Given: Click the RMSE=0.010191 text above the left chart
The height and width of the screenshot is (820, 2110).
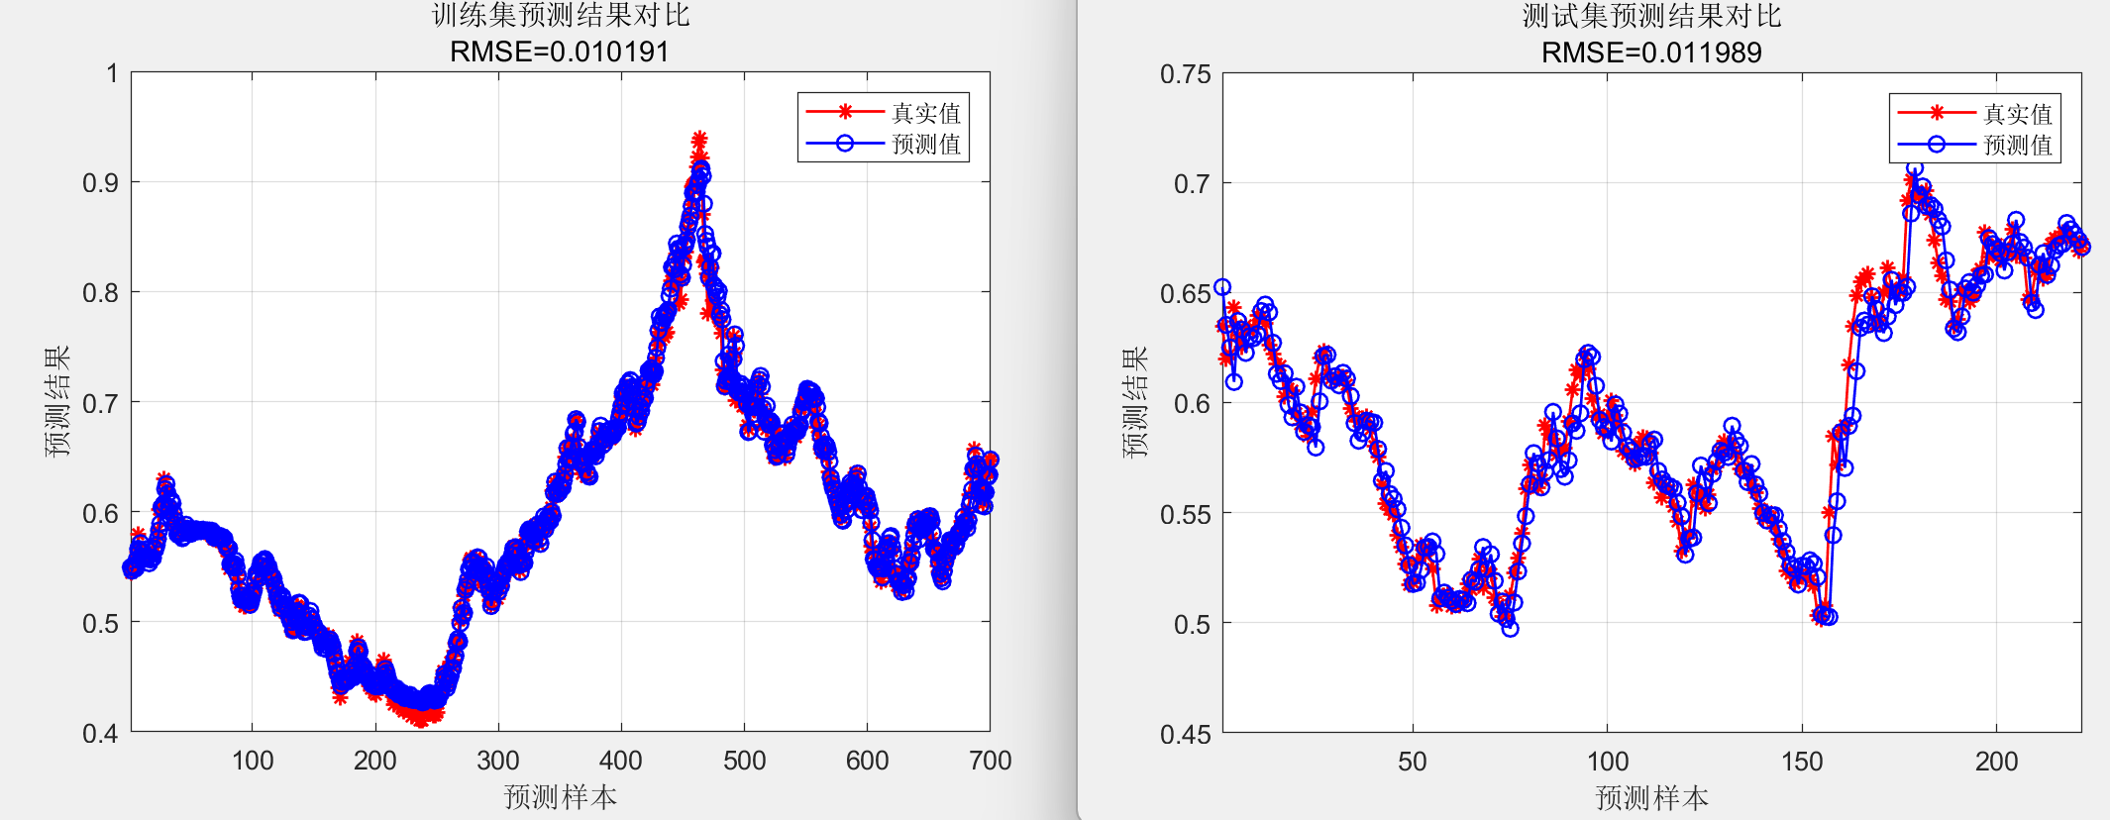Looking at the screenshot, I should [x=560, y=51].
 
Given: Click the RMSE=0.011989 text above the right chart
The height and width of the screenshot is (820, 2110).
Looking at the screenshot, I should [x=1651, y=52].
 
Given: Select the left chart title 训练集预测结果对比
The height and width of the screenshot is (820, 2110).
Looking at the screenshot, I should [x=560, y=16].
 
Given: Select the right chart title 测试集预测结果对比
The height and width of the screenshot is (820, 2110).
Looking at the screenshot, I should [x=1651, y=16].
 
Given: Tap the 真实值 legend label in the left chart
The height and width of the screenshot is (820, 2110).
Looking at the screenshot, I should [x=926, y=113].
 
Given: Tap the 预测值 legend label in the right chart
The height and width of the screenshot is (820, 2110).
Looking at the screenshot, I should [x=2018, y=146].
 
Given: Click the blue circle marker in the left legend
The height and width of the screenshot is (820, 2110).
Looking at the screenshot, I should [x=845, y=144].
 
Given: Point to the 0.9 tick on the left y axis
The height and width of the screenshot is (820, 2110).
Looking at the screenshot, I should [x=100, y=183].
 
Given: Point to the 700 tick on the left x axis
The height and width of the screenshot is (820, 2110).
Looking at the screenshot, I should [x=990, y=761].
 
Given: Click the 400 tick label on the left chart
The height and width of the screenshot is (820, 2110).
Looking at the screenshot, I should [x=621, y=761].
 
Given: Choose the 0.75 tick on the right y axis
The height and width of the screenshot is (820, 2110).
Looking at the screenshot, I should [x=1185, y=74].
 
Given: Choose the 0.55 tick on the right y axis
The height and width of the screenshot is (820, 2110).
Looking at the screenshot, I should [x=1185, y=514].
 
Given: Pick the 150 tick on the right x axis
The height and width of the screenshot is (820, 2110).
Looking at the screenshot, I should [x=1802, y=762].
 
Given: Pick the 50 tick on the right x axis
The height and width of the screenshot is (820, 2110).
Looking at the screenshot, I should [x=1413, y=762].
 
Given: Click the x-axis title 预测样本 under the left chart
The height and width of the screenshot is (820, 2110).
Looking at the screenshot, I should [x=560, y=797].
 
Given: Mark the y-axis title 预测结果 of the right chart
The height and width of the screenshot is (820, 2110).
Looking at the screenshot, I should [x=1135, y=402].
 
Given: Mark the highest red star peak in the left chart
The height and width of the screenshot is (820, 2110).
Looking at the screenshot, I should [x=699, y=139].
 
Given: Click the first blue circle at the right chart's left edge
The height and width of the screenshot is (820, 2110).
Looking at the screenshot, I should [x=1222, y=287].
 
